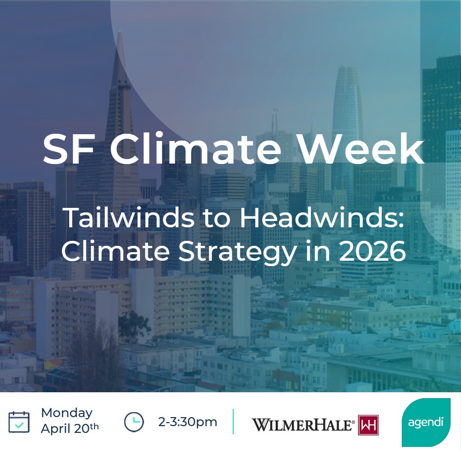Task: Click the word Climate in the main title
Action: click(196, 149)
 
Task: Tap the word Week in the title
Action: click(361, 149)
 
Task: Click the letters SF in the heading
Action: click(69, 149)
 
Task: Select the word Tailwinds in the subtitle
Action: click(129, 218)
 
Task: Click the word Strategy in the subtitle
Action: click(238, 253)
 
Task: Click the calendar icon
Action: click(19, 422)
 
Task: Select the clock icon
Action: click(134, 422)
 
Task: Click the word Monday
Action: click(67, 413)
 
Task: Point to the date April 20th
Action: click(70, 428)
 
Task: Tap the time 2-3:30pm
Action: click(188, 422)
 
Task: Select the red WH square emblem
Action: click(368, 425)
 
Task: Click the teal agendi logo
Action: click(426, 423)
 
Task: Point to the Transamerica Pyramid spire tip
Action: click(119, 32)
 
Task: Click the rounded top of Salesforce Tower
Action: click(347, 68)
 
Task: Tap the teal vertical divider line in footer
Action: click(234, 422)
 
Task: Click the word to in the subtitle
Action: click(217, 219)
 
